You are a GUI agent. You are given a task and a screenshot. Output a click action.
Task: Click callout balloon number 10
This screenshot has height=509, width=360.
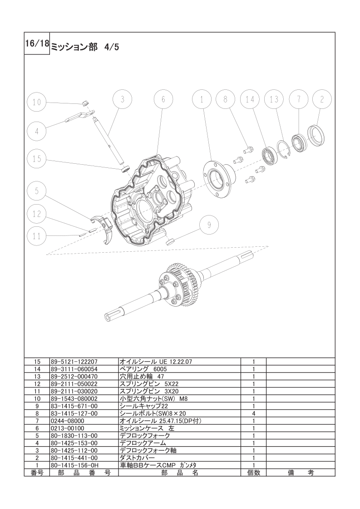(x=37, y=102)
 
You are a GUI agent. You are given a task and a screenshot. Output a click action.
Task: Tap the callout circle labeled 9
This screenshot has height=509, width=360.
(x=209, y=225)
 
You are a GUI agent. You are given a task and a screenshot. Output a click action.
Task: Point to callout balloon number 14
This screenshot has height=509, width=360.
(x=250, y=99)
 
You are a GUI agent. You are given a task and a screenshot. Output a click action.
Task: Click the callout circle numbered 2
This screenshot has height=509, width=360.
(x=322, y=99)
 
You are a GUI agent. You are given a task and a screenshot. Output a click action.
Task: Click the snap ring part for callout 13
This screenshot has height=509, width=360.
(x=283, y=149)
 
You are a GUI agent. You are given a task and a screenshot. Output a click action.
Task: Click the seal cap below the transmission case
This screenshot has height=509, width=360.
(x=170, y=241)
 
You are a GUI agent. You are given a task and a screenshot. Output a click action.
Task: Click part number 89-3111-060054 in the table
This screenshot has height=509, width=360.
(x=74, y=369)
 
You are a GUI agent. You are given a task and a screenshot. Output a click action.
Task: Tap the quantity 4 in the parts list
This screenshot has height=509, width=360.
(x=253, y=414)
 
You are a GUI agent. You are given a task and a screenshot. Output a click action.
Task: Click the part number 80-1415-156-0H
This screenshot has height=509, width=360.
(x=74, y=465)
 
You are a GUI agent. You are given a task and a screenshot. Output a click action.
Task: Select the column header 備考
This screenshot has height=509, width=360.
(x=301, y=473)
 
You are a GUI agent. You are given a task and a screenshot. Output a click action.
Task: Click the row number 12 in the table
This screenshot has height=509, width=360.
(x=37, y=384)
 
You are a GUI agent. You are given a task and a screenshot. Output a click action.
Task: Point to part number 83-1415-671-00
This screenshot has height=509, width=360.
(x=74, y=406)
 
